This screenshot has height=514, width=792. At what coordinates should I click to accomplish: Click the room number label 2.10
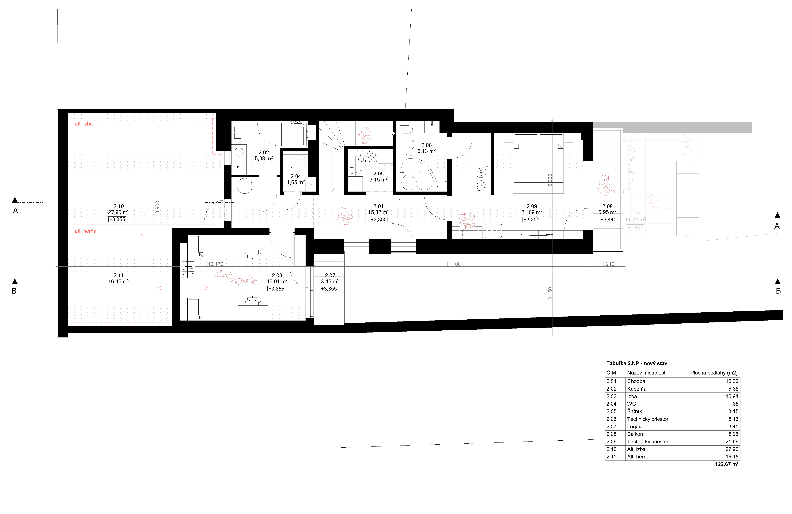[x=118, y=206]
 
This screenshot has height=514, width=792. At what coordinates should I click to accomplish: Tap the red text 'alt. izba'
[x=83, y=124]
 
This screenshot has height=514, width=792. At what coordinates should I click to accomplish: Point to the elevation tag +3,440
[x=608, y=220]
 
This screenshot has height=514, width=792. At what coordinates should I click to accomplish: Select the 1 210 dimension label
[x=608, y=264]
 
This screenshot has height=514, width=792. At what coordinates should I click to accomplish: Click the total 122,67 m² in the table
[x=727, y=464]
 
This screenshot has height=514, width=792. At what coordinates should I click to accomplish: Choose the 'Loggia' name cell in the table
[x=635, y=427]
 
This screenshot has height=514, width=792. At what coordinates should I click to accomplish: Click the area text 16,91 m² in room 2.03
[x=277, y=281]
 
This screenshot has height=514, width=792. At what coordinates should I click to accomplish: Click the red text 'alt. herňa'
[x=86, y=231]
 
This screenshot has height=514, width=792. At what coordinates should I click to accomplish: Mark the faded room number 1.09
[x=635, y=214]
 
